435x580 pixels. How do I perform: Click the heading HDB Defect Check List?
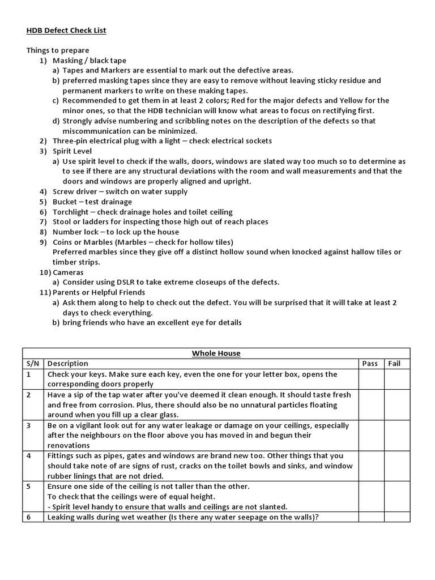[66, 30]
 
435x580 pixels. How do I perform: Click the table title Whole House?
[216, 353]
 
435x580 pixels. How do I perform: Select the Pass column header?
[369, 363]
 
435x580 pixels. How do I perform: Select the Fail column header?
[394, 363]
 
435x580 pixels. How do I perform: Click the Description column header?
[68, 363]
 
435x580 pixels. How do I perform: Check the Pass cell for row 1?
[369, 379]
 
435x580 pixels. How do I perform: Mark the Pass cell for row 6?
[369, 517]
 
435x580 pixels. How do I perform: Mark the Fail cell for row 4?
[394, 466]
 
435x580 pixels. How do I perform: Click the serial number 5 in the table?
[28, 486]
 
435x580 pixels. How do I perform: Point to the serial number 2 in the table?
[28, 394]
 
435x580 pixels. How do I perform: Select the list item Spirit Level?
[72, 151]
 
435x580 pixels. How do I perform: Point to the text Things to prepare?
[58, 50]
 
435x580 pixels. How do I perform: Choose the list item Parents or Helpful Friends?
[99, 292]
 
